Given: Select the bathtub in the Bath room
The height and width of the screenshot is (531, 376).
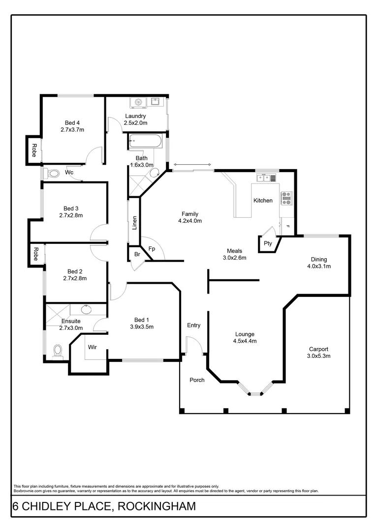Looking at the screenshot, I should click(146, 142).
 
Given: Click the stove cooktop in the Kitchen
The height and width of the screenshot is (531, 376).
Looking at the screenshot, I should click(286, 198).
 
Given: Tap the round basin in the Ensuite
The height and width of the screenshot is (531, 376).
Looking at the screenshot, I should click(87, 310).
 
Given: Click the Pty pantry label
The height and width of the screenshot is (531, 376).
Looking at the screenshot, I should click(268, 243).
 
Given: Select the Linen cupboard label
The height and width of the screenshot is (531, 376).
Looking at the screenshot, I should click(134, 223).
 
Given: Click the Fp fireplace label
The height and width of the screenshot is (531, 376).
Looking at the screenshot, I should click(152, 249).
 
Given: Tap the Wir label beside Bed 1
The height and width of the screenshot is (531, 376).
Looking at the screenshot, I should click(92, 347).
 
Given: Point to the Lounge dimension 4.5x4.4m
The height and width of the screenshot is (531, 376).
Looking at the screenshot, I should click(245, 341).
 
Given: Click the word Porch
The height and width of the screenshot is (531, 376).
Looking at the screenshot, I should click(197, 380).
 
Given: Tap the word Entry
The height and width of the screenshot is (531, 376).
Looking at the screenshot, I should click(194, 325).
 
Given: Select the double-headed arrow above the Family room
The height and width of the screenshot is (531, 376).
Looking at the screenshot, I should click(192, 165).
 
